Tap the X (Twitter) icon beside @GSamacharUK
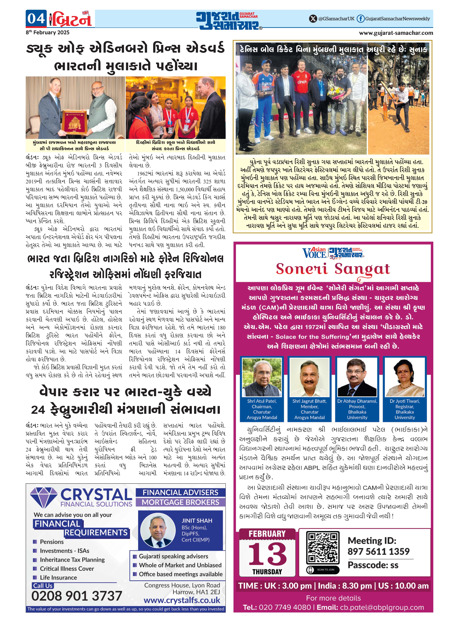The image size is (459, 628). pos(313,19)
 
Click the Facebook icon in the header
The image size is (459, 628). pos(360,19)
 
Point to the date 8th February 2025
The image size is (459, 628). pos(48,33)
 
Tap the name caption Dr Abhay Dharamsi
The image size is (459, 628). pos(357,401)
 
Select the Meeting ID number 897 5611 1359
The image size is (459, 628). pos(378,551)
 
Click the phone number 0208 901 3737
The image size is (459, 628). pos(77,596)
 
